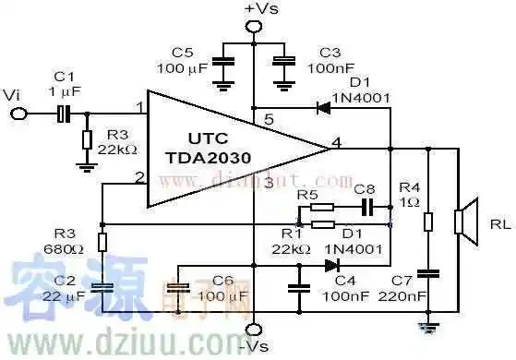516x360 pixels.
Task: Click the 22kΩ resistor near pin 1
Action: click(87, 140)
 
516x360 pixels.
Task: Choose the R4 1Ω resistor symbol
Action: click(426, 222)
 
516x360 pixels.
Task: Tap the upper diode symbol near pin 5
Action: click(323, 107)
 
